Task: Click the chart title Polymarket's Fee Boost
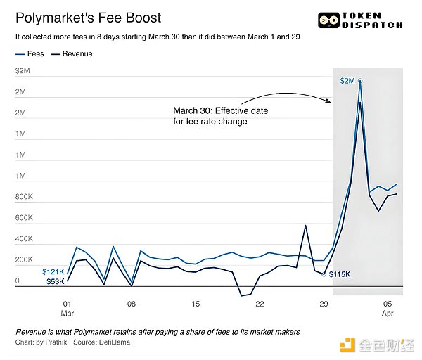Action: (x=88, y=18)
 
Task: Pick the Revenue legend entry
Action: (x=72, y=53)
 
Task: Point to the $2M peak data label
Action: (x=347, y=81)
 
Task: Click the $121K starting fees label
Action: (x=53, y=271)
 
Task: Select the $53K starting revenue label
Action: (x=54, y=281)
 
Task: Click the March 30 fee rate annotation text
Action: (x=220, y=116)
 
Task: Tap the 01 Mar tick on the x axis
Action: (x=67, y=308)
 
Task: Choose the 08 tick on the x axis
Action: (x=132, y=304)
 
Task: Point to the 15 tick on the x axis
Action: (x=196, y=304)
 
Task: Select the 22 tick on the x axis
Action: (x=260, y=304)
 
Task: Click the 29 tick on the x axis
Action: (x=324, y=304)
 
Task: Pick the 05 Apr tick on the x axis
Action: (x=388, y=308)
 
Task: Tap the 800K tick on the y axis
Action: (x=25, y=197)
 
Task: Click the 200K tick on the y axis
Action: (x=25, y=260)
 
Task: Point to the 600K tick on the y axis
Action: (x=25, y=218)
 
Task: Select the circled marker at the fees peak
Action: (x=360, y=82)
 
